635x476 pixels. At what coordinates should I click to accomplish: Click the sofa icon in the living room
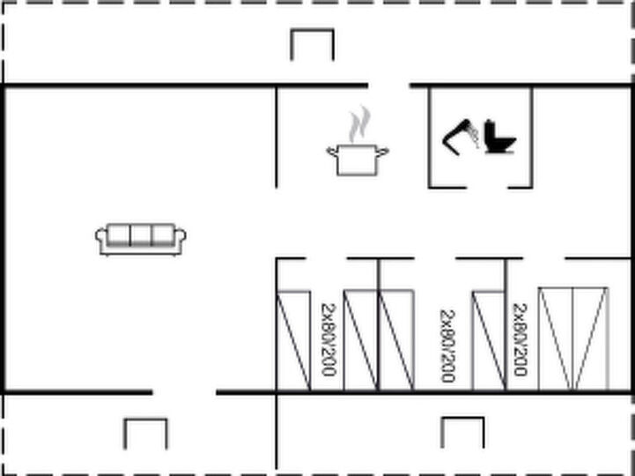[x=141, y=240]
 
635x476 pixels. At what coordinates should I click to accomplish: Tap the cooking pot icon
[x=358, y=160]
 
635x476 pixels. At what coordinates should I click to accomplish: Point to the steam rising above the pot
[x=359, y=124]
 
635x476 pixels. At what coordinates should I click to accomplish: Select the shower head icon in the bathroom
[x=461, y=137]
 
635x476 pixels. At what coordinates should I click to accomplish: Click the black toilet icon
[x=499, y=137]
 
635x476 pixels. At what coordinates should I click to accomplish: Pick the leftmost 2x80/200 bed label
[x=329, y=339]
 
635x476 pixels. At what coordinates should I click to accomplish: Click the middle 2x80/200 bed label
[x=447, y=346]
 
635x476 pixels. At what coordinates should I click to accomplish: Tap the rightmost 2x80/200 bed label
[x=520, y=339]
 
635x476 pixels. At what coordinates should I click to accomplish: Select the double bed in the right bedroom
[x=573, y=339]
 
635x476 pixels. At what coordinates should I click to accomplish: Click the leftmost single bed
[x=293, y=341]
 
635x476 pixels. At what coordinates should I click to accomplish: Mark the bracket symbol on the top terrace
[x=313, y=45]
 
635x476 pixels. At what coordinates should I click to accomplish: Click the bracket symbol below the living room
[x=145, y=434]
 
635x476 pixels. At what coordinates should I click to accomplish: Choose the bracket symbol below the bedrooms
[x=462, y=432]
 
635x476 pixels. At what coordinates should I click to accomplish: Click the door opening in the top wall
[x=388, y=86]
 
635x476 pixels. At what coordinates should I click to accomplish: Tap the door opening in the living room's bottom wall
[x=184, y=392]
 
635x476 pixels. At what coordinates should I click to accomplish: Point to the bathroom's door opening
[x=487, y=188]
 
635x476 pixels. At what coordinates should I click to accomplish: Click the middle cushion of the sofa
[x=141, y=235]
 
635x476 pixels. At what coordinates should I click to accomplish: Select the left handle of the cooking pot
[x=332, y=152]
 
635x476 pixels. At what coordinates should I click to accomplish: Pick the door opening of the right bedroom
[x=544, y=258]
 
